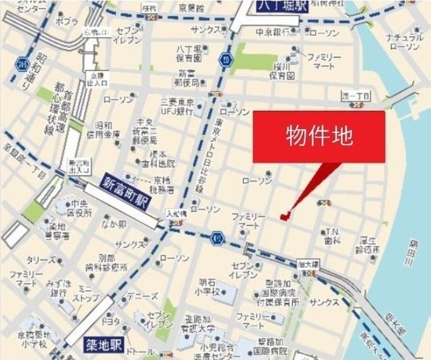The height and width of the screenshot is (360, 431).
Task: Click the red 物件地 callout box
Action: pos(319,136)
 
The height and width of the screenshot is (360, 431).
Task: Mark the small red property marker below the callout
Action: pos(283,216)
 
